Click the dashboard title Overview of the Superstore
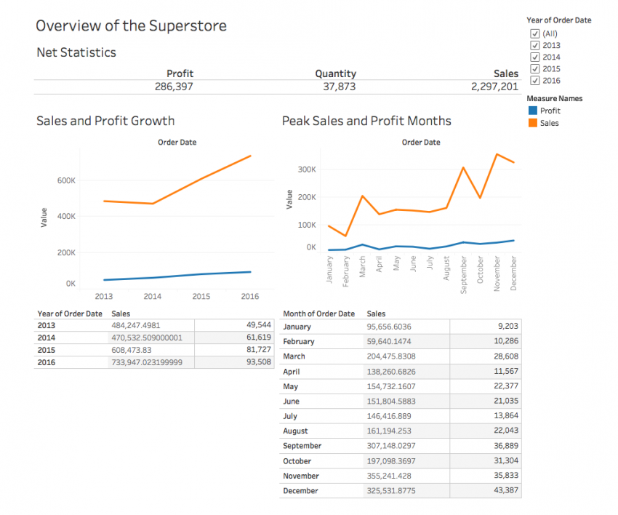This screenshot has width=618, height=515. pyautogui.click(x=131, y=26)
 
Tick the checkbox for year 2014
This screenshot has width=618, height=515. pyautogui.click(x=535, y=57)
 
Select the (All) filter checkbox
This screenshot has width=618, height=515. pyautogui.click(x=535, y=33)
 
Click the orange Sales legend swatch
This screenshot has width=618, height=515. pyautogui.click(x=533, y=123)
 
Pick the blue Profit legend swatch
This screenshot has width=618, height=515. pyautogui.click(x=533, y=111)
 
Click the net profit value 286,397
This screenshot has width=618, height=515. pyautogui.click(x=174, y=87)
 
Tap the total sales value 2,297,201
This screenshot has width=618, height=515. pyautogui.click(x=494, y=87)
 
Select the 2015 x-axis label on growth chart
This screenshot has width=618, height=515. pyautogui.click(x=201, y=296)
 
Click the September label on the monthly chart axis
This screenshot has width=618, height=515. pyautogui.click(x=463, y=274)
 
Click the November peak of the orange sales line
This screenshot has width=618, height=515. pyautogui.click(x=497, y=154)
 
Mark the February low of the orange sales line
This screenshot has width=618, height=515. pyautogui.click(x=346, y=236)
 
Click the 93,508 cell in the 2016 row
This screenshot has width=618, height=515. pyautogui.click(x=259, y=362)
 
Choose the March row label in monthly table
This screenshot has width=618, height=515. pyautogui.click(x=294, y=356)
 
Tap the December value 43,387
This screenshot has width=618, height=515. pyautogui.click(x=504, y=491)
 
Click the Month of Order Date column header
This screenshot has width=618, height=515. pyautogui.click(x=318, y=314)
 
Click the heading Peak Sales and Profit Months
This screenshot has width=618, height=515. pyautogui.click(x=366, y=121)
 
